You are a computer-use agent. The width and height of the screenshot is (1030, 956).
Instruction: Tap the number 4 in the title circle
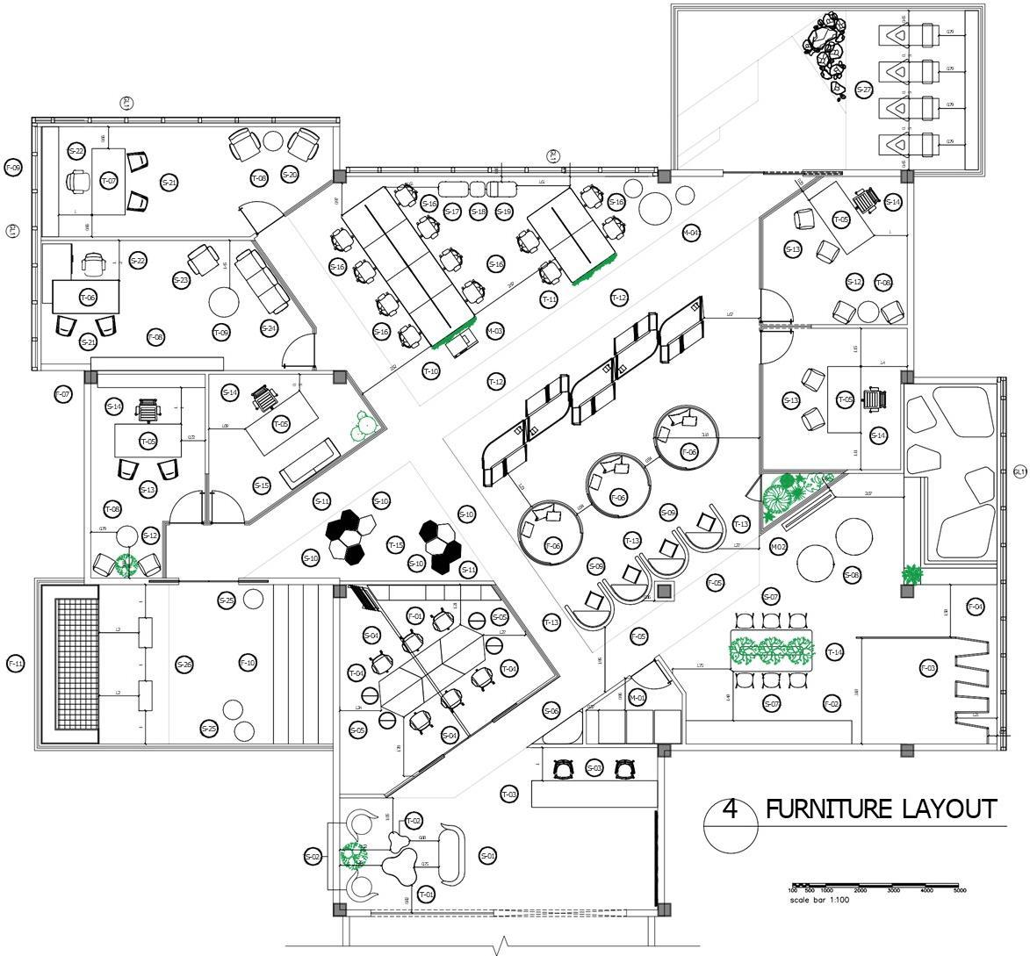729,809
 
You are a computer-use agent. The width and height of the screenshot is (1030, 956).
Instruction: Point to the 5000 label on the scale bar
960,890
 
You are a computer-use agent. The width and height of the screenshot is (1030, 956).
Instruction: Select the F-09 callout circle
13,167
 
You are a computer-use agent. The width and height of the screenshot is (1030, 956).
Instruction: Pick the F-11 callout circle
15,663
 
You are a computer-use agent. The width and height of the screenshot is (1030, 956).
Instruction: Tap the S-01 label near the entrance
488,855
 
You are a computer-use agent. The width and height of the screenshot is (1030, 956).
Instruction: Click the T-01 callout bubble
426,895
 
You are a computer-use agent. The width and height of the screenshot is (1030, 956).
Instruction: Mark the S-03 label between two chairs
594,769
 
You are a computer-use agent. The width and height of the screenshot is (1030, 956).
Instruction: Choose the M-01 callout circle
637,698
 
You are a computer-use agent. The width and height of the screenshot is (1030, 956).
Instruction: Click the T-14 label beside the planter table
834,652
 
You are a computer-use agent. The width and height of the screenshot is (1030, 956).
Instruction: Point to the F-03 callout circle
928,669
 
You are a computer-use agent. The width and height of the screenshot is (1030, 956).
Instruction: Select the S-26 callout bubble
184,665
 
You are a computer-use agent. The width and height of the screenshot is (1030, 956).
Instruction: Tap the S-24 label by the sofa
269,328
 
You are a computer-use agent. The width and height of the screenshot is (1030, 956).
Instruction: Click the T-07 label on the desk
109,180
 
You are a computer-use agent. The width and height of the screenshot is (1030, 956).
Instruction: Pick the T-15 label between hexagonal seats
396,546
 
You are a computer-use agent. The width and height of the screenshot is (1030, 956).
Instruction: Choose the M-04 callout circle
691,233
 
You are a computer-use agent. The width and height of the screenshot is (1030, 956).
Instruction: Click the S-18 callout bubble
478,212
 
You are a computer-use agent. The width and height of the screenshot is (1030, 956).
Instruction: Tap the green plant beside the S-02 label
354,854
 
